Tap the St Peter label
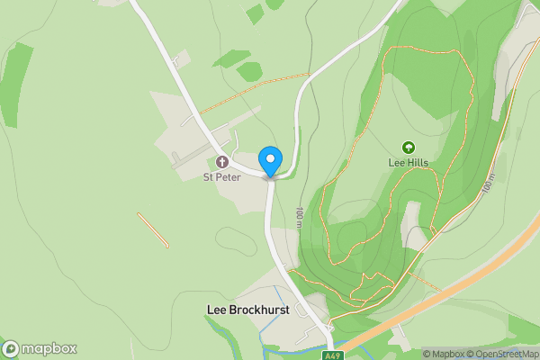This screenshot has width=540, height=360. (220, 176)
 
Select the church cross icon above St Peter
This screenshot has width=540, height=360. (222, 163)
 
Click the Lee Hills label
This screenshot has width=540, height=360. (408, 163)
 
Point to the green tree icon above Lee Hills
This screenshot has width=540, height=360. (408, 148)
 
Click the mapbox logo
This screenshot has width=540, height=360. (40, 349)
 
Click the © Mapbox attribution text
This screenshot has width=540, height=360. (446, 354)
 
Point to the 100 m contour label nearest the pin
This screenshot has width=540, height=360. (299, 218)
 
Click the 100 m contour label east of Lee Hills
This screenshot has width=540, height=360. (487, 184)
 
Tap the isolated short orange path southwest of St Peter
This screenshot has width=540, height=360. (153, 229)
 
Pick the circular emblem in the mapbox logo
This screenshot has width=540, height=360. (12, 349)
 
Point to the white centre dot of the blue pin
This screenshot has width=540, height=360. (270, 157)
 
